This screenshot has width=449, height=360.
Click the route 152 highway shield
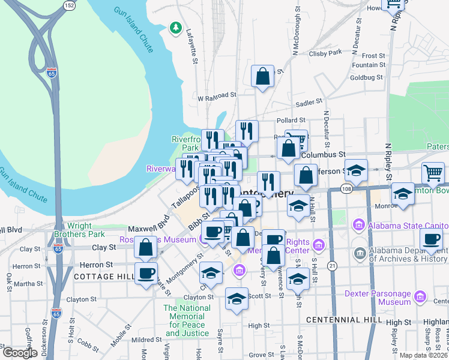70,5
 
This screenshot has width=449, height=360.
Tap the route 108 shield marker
348,189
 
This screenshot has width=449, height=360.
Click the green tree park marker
175,27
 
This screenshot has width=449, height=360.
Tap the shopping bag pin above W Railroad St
262,76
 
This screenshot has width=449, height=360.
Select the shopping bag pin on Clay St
146,247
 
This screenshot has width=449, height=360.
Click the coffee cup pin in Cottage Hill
146,274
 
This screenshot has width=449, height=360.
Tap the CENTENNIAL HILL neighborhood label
344,320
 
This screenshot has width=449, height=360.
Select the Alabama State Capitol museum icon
360,226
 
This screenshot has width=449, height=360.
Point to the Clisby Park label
327,52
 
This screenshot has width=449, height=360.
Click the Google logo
20,353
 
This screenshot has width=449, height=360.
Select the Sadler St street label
310,103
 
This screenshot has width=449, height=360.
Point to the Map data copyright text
424,355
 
